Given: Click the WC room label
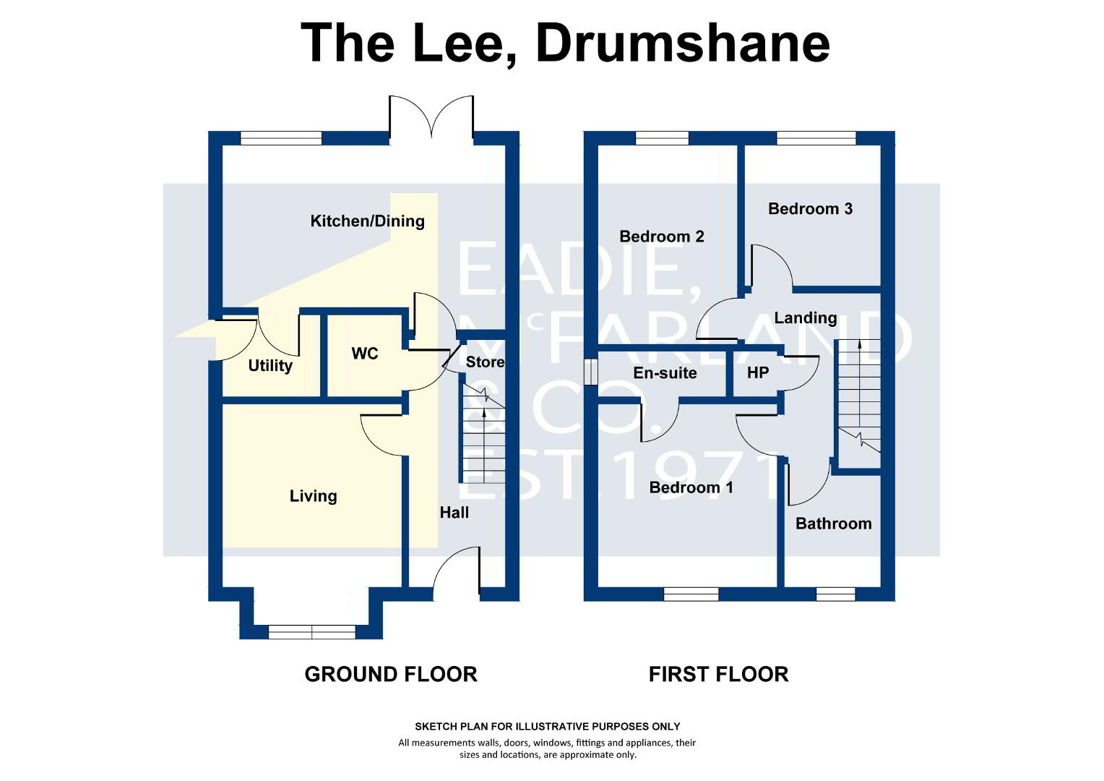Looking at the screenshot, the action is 365,353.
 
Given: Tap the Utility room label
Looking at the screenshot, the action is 270,366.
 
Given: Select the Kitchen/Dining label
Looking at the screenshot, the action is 367,221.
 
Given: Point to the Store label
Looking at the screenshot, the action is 485,362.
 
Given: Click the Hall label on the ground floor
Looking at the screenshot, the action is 454,513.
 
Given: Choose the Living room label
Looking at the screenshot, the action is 313,496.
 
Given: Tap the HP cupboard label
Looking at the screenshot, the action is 757,372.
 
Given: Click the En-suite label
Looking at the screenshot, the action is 665,373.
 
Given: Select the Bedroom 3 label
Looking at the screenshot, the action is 810,209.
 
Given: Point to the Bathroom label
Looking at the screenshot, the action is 834,524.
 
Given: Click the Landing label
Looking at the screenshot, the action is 806,318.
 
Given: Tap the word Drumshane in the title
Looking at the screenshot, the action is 683,44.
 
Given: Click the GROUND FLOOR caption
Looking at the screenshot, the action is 391,675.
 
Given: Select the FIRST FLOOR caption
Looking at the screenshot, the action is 719,675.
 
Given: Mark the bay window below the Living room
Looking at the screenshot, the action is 312,632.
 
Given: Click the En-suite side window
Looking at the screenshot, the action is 590,372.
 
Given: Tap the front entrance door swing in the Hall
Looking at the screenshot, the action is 457,573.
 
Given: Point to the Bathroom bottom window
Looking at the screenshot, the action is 835,594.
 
